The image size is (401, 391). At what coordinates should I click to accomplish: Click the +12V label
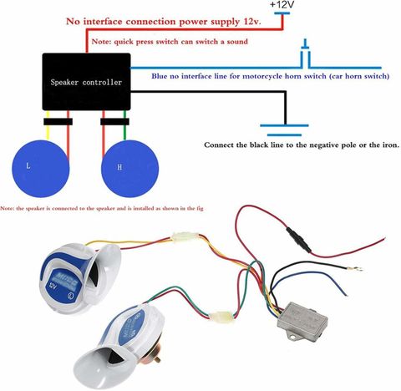coord(282,5)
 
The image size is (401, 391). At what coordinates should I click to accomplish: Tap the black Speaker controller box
coord(86,82)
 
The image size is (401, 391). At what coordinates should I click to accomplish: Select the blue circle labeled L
coord(41,169)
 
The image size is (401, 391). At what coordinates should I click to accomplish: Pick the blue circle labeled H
coord(129,169)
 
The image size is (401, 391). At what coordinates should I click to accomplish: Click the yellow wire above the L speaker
coord(48,125)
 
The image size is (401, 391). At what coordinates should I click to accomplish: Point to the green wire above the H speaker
coord(124,125)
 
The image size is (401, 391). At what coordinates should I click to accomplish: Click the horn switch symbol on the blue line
coord(306,53)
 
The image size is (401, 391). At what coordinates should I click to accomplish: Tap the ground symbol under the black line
coord(284,130)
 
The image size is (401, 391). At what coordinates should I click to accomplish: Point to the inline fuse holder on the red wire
coord(298,240)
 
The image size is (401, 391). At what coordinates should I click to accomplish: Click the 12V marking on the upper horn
coord(53,286)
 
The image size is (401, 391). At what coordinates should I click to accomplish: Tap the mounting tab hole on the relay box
coord(292,338)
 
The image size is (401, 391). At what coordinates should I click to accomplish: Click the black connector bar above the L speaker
coord(58,122)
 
